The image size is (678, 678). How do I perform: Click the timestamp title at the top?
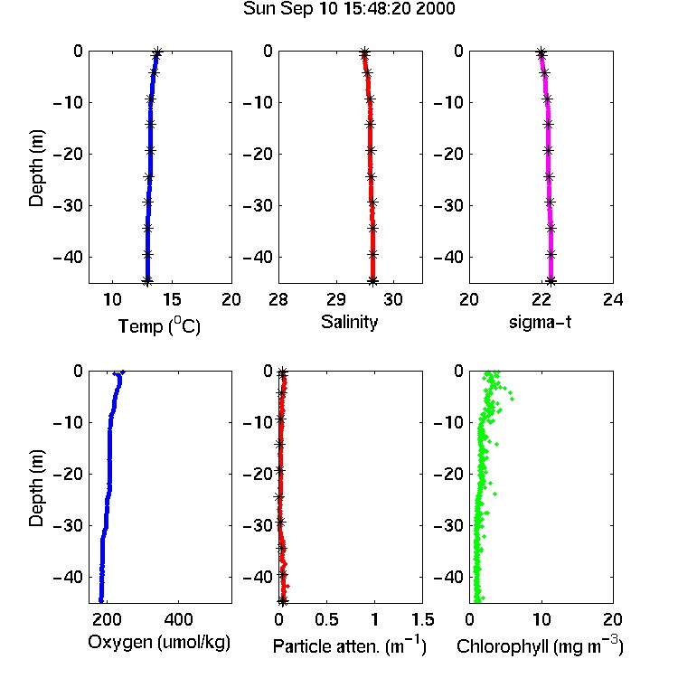coord(349,9)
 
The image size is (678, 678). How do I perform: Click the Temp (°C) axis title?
coord(159,325)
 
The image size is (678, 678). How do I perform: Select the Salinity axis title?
coord(349,322)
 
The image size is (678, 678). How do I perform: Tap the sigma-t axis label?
coord(540,322)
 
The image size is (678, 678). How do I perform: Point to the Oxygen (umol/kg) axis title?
coord(159,643)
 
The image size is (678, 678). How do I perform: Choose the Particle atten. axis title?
coord(350,645)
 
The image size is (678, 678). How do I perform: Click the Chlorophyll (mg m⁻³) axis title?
coord(540,645)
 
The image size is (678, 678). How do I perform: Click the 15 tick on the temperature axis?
coord(172,299)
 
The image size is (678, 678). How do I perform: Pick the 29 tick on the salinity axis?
coord(336,299)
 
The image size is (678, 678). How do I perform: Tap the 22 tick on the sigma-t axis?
coord(541,299)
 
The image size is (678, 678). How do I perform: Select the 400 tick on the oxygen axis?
coord(179,619)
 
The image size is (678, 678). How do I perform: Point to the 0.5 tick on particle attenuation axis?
coord(326,619)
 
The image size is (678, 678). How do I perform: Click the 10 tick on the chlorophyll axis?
coord(541,619)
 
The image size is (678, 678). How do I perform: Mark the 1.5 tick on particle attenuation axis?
coord(422,619)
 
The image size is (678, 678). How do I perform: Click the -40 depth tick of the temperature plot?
coord(68,257)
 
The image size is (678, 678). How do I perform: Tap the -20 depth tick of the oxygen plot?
coord(68,474)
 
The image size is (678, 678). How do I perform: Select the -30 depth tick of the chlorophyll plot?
coord(448,525)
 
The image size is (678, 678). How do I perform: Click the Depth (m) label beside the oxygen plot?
coord(36,488)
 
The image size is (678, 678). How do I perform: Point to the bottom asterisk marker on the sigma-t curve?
coord(551,281)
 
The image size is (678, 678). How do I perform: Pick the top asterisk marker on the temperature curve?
coord(157,52)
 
